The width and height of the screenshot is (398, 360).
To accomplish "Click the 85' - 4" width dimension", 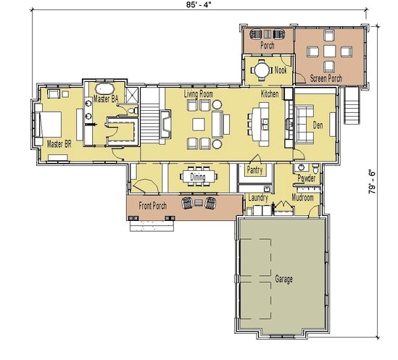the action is click(x=199, y=5).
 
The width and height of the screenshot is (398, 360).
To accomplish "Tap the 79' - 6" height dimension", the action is click(x=372, y=182).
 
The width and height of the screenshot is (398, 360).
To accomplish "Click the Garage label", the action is click(x=283, y=279).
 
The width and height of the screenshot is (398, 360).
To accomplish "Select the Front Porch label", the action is click(x=153, y=206).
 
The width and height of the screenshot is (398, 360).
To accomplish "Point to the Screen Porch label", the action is click(x=326, y=78).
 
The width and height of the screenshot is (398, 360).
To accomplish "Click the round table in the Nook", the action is click(x=262, y=70).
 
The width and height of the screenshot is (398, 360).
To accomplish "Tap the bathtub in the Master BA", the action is click(x=105, y=89).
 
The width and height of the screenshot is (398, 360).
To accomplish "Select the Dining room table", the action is click(x=198, y=176).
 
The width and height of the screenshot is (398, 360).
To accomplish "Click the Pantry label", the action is click(x=254, y=170).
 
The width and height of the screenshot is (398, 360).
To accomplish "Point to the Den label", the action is click(x=318, y=125).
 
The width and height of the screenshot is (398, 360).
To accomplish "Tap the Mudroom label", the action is click(x=302, y=197).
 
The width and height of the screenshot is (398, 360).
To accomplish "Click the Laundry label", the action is click(x=258, y=198).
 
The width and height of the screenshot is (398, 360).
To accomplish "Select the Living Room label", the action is click(x=199, y=94).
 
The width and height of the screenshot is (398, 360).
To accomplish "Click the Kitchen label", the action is click(x=270, y=94).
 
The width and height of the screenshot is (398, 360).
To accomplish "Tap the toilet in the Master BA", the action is click(x=133, y=111).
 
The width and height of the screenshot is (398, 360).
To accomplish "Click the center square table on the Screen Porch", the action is click(x=330, y=51).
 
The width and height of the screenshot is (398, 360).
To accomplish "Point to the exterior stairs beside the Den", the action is click(x=352, y=105).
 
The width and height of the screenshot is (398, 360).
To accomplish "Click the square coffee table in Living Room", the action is click(x=199, y=125).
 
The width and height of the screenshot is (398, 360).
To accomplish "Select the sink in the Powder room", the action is click(x=302, y=167).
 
